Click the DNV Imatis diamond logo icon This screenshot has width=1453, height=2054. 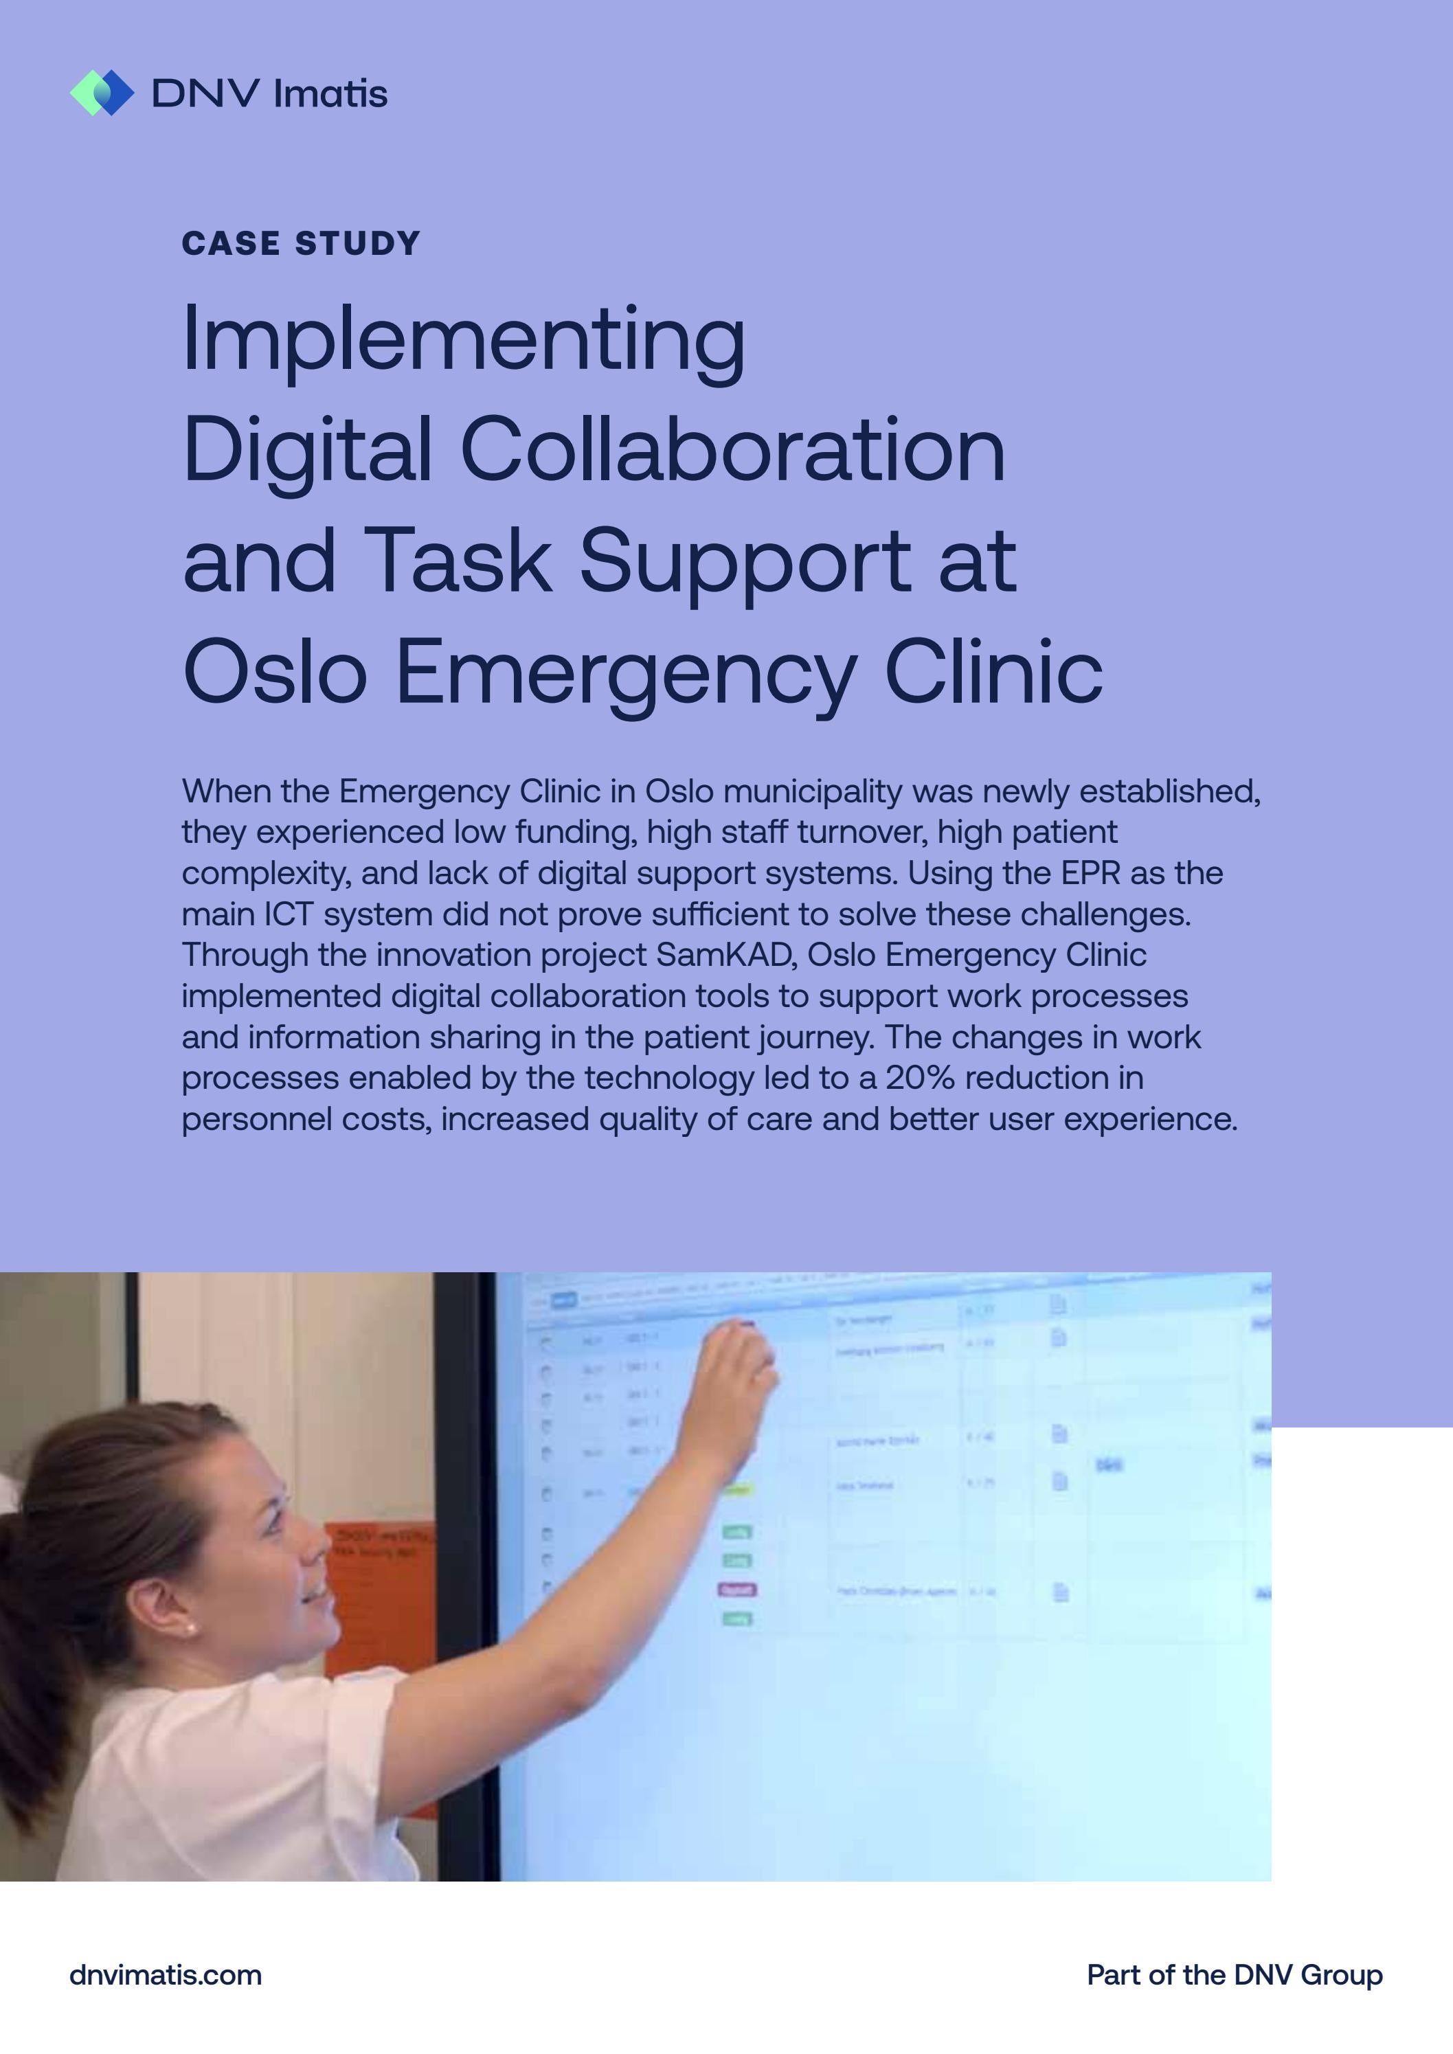coord(102,93)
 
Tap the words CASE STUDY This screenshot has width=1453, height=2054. coord(301,243)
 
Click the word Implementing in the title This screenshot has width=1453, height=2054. coord(464,340)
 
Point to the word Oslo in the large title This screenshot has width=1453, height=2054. coord(275,672)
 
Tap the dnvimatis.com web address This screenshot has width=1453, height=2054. coord(166,1974)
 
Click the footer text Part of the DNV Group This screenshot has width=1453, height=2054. coord(1234,1974)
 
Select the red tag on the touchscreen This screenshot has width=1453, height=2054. coord(737,1590)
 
